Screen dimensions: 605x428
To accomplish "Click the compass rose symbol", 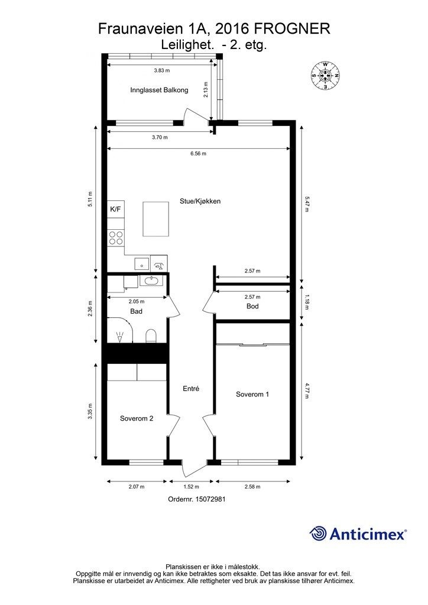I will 325,75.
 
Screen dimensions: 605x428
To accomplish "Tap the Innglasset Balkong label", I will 159,90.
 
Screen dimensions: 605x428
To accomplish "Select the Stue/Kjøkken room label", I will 200,201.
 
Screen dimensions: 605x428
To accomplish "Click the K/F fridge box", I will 116,209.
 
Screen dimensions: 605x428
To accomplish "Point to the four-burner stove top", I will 116,238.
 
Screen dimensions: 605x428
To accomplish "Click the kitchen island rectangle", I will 156,219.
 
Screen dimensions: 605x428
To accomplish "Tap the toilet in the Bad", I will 151,336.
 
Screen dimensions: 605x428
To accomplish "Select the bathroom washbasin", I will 150,281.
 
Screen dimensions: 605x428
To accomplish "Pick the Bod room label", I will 252,307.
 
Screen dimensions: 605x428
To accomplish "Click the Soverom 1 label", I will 252,394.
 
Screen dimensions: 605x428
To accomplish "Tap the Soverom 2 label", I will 137,418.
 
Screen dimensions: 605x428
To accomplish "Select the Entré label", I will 191,389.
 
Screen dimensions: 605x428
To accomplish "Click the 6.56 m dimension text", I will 198,154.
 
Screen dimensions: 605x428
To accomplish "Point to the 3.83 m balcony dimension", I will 161,70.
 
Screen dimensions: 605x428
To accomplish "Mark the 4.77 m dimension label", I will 307,392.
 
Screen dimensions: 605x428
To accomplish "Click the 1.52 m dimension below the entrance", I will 191,487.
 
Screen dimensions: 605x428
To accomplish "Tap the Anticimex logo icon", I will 319,534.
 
